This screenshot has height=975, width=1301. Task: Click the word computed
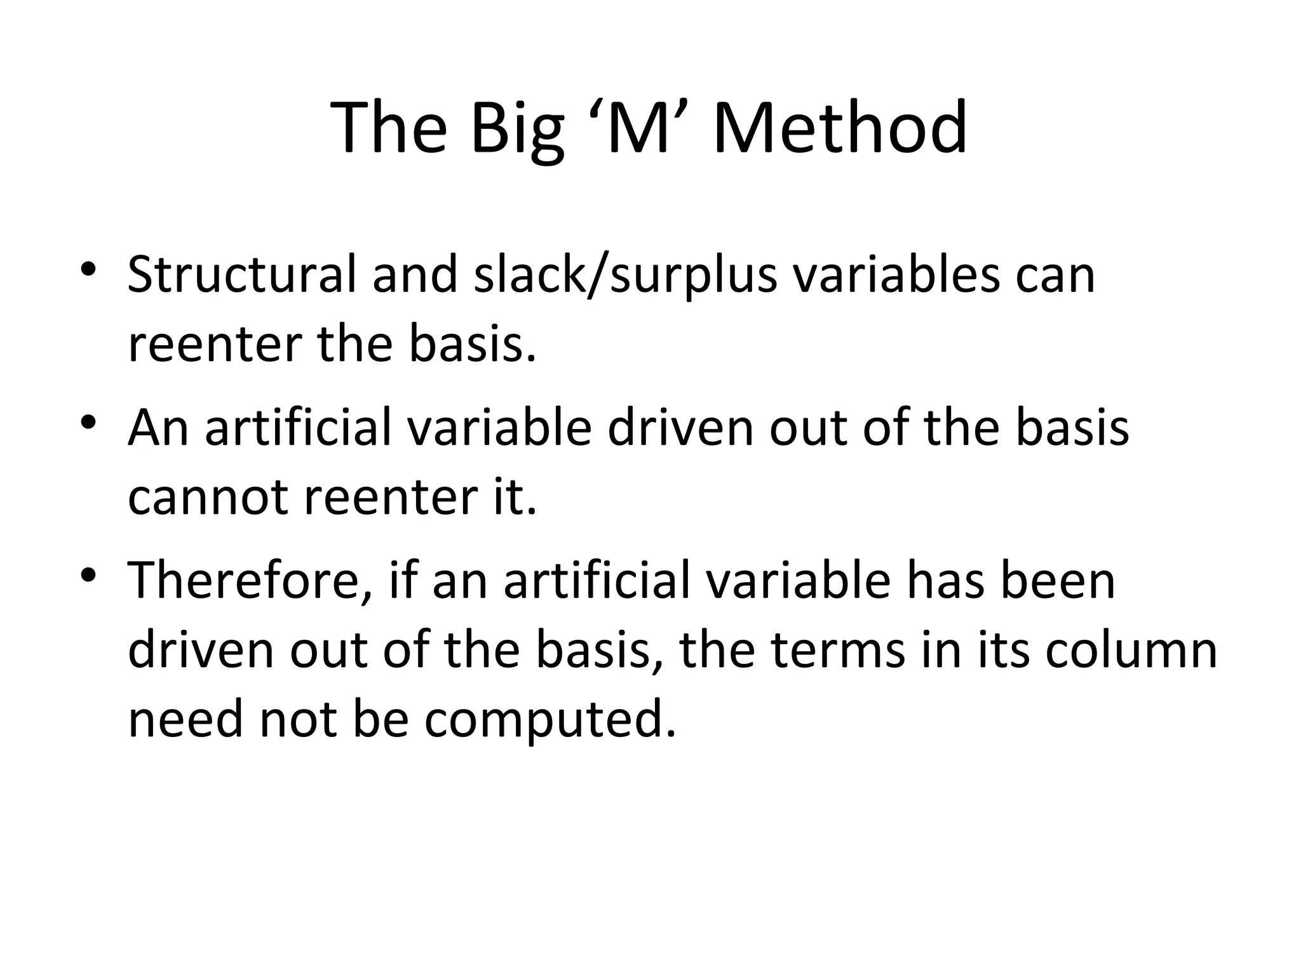550,720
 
